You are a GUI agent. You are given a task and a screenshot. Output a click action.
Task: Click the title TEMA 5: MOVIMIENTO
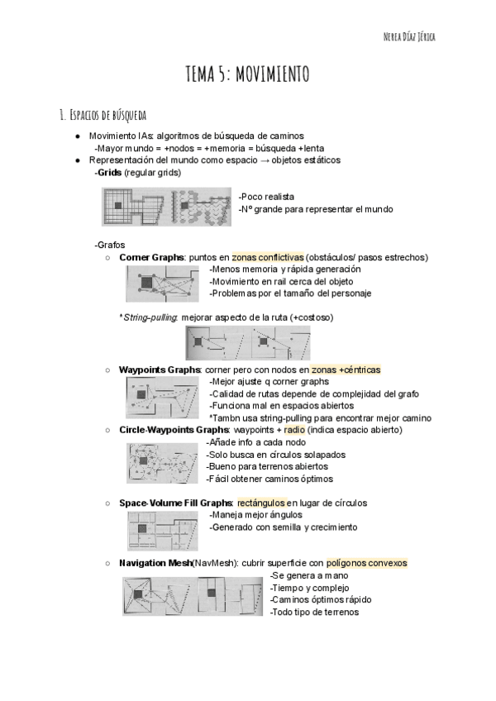click(248, 75)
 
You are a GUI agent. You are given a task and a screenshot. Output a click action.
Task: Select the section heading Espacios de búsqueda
click(103, 114)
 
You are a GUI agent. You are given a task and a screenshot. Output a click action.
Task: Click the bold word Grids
click(109, 173)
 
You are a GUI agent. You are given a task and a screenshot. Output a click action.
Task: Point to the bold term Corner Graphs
click(152, 257)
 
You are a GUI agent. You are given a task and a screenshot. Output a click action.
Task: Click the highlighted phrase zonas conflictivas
click(267, 257)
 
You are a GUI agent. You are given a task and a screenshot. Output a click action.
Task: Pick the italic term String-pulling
click(149, 317)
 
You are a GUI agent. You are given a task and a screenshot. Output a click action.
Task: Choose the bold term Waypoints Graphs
click(160, 370)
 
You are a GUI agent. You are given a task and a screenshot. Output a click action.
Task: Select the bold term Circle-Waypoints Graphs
click(174, 430)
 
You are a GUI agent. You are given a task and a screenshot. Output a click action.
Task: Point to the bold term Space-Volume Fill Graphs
click(176, 503)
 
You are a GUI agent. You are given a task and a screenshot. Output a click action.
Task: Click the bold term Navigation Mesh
click(155, 563)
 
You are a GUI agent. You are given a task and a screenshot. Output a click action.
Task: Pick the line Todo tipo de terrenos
click(314, 612)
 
